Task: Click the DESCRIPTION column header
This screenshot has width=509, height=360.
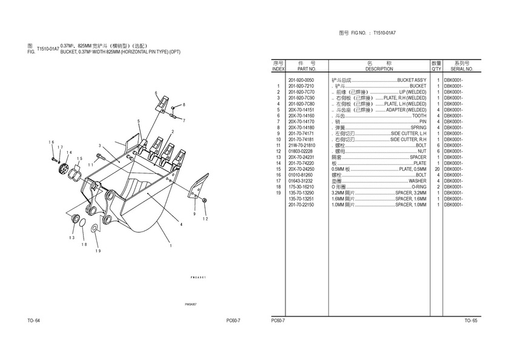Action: tap(379, 69)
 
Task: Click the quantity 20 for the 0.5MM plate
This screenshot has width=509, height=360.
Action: tap(436, 169)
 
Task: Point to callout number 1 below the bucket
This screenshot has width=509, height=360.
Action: tap(171, 245)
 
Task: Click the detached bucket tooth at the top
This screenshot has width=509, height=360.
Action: tap(162, 106)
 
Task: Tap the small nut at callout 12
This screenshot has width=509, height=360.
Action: tap(205, 201)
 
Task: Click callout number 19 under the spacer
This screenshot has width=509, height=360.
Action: tap(98, 250)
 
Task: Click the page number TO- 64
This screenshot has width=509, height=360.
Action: tap(33, 320)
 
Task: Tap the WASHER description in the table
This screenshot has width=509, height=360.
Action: tap(417, 181)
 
